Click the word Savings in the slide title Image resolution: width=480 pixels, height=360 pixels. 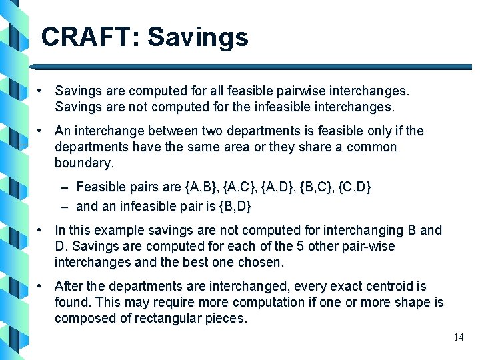tap(198, 37)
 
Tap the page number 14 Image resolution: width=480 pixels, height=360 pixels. tap(458, 337)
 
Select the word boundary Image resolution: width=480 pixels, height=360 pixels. tap(84, 163)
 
